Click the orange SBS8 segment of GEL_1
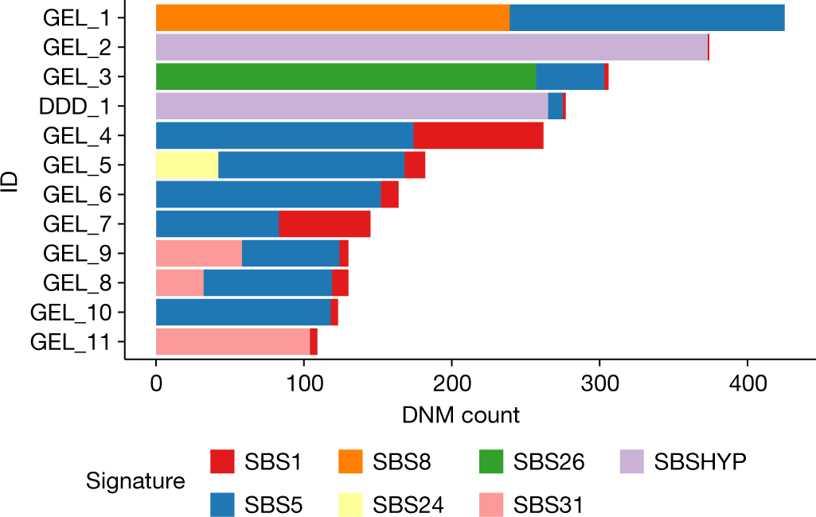point(332,17)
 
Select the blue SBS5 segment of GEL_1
point(646,17)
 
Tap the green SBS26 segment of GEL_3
point(346,76)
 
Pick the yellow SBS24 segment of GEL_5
point(187,165)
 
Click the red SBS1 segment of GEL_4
point(478,135)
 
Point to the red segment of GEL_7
point(325,224)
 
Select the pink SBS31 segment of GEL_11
point(232,341)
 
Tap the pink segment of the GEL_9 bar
point(198,253)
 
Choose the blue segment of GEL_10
point(243,312)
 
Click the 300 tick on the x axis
point(599,383)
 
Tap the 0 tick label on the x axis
point(156,383)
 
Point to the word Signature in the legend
point(135,481)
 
